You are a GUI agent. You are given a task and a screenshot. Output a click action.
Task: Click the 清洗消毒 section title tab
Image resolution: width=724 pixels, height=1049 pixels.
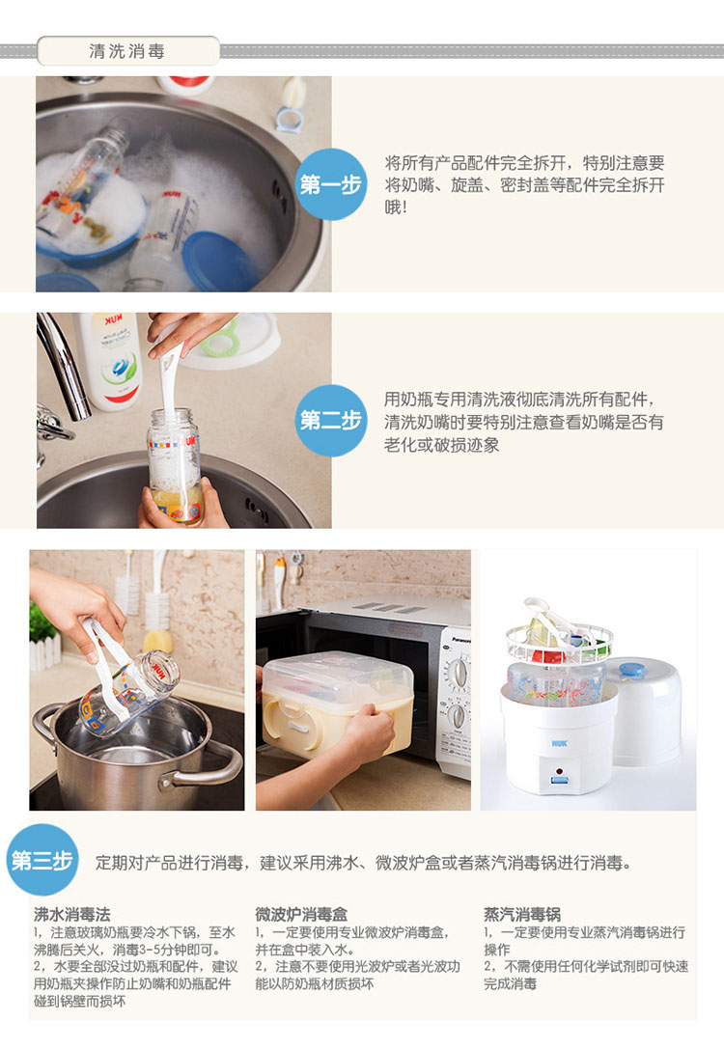click(127, 51)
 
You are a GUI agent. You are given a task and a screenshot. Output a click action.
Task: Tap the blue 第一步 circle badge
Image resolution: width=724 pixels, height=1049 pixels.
click(330, 184)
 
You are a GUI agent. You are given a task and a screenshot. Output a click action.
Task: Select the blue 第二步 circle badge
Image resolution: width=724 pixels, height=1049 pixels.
click(330, 420)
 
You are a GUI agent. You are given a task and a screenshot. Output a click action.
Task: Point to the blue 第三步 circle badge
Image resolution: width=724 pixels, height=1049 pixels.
click(42, 860)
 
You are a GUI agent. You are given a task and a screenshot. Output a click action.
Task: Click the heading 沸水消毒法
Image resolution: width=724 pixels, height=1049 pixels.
click(72, 914)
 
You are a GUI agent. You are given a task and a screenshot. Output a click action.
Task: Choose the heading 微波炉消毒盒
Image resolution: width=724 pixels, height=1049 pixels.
click(301, 914)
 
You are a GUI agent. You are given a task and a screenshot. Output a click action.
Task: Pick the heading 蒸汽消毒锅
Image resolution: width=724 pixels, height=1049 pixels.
click(522, 914)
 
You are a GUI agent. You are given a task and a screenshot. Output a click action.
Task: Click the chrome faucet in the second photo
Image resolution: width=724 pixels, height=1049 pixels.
click(64, 374)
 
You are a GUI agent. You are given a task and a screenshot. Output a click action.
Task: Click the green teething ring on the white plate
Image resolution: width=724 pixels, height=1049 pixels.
click(220, 338)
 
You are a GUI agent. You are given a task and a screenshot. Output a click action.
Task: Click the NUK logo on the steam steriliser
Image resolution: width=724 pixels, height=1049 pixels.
click(559, 743)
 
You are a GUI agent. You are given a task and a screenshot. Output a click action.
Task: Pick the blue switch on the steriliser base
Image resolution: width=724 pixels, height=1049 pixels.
click(559, 780)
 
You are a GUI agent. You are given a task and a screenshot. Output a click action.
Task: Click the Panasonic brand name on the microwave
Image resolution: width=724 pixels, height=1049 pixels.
click(461, 640)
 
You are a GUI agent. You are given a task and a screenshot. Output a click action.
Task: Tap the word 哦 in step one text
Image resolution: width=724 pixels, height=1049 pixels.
click(391, 207)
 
